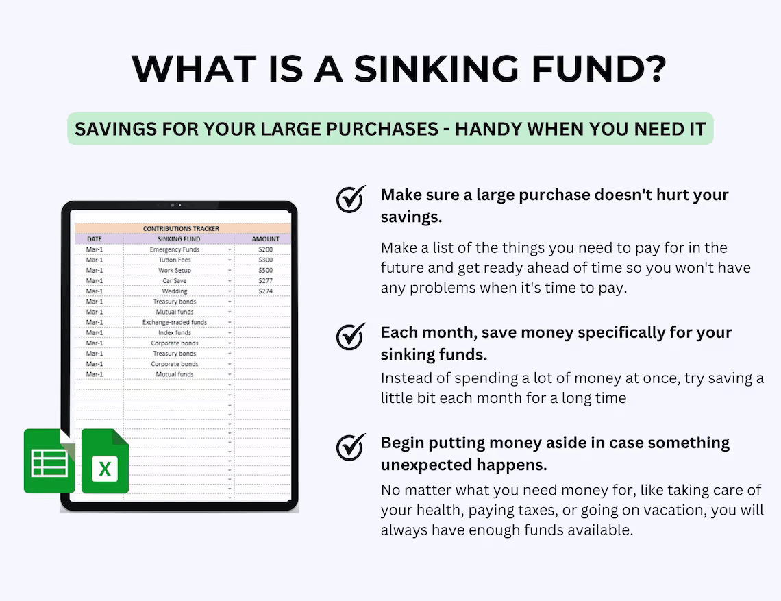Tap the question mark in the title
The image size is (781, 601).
(654, 69)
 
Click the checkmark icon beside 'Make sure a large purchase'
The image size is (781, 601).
(351, 199)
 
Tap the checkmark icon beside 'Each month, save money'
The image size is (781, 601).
(351, 336)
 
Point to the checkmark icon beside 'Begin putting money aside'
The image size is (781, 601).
(351, 447)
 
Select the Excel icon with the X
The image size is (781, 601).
(106, 461)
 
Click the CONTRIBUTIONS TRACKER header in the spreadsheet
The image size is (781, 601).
(181, 228)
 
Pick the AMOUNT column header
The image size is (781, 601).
(265, 239)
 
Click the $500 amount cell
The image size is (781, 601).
(265, 271)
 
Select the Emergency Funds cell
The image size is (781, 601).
(175, 249)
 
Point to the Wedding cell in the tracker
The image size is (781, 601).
(175, 291)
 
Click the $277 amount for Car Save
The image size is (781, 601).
(265, 281)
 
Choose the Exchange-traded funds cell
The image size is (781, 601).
(175, 322)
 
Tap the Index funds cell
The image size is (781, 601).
(175, 333)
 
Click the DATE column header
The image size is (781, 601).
(95, 239)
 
